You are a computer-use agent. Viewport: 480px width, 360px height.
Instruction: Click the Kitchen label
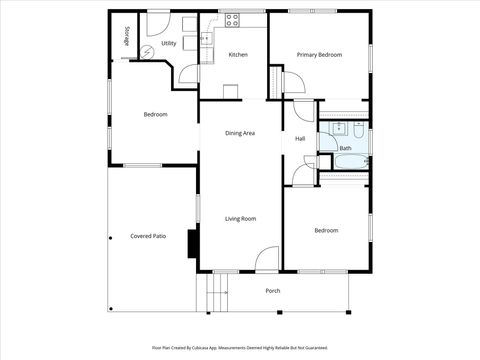(x=238, y=54)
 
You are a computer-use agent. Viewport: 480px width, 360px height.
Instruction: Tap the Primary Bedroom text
(x=319, y=54)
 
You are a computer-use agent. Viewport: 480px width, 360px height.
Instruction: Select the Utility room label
(x=169, y=43)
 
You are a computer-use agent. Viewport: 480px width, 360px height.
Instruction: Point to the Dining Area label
(x=240, y=133)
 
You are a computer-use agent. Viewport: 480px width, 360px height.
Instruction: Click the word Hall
(x=300, y=138)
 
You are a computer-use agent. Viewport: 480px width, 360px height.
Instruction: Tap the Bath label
(x=345, y=148)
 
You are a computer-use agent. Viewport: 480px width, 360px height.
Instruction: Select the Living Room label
(x=240, y=218)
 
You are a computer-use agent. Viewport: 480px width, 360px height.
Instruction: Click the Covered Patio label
(x=148, y=236)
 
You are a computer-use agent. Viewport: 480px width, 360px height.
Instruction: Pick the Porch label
(x=272, y=291)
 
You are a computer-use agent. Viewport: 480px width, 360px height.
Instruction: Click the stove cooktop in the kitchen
(x=232, y=18)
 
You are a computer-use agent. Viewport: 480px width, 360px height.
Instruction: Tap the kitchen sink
(x=205, y=40)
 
